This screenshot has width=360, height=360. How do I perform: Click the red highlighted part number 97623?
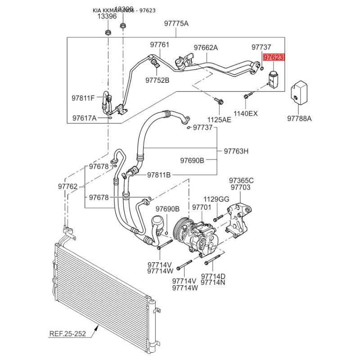tap(274, 57)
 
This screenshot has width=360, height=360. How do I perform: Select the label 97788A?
tap(300, 119)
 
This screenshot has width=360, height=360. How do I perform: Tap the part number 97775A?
tap(176, 24)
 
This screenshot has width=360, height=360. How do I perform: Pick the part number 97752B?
tap(157, 80)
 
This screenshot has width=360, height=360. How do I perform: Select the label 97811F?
tap(83, 98)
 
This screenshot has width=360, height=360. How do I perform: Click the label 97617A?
tap(85, 118)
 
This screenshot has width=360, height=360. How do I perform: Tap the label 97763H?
tap(236, 151)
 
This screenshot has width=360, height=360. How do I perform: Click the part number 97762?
tap(68, 186)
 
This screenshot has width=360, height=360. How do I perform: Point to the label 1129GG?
tap(216, 199)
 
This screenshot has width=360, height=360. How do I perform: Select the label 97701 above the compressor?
tap(202, 207)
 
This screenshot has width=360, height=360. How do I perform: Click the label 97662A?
tap(206, 48)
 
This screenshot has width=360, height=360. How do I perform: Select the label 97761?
tap(160, 45)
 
